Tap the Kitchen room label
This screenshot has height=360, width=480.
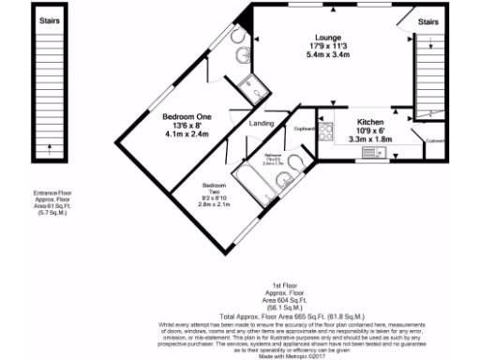[x=369, y=122]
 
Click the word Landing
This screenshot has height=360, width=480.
[x=261, y=124]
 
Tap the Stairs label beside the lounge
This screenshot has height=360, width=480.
[x=427, y=21]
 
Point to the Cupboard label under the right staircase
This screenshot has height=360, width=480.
[x=434, y=141]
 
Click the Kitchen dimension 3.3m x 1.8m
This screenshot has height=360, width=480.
[x=369, y=139]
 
